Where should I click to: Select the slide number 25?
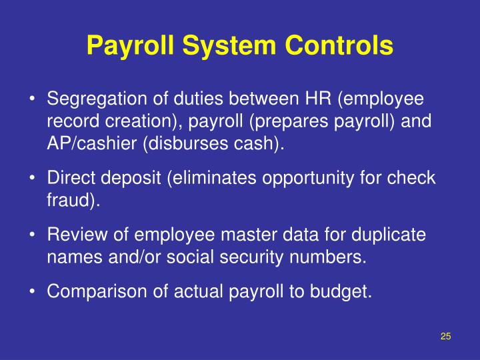point(446,336)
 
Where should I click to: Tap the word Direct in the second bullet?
point(67,179)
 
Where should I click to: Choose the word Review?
point(74,235)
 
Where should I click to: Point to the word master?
point(242,235)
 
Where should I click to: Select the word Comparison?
point(90,292)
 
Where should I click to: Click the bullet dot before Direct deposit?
point(32,179)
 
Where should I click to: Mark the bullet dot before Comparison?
point(32,292)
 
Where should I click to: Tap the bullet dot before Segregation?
point(32,99)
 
